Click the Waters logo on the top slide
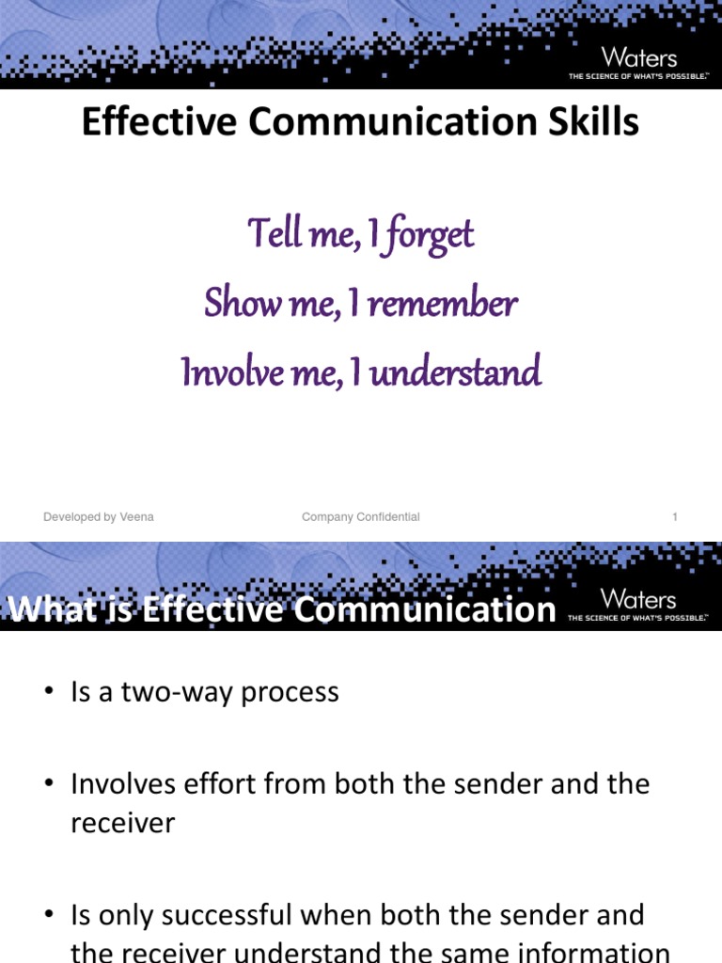click(x=638, y=57)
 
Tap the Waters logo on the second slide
click(x=638, y=599)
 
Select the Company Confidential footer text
click(x=360, y=517)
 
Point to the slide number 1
click(x=675, y=517)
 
